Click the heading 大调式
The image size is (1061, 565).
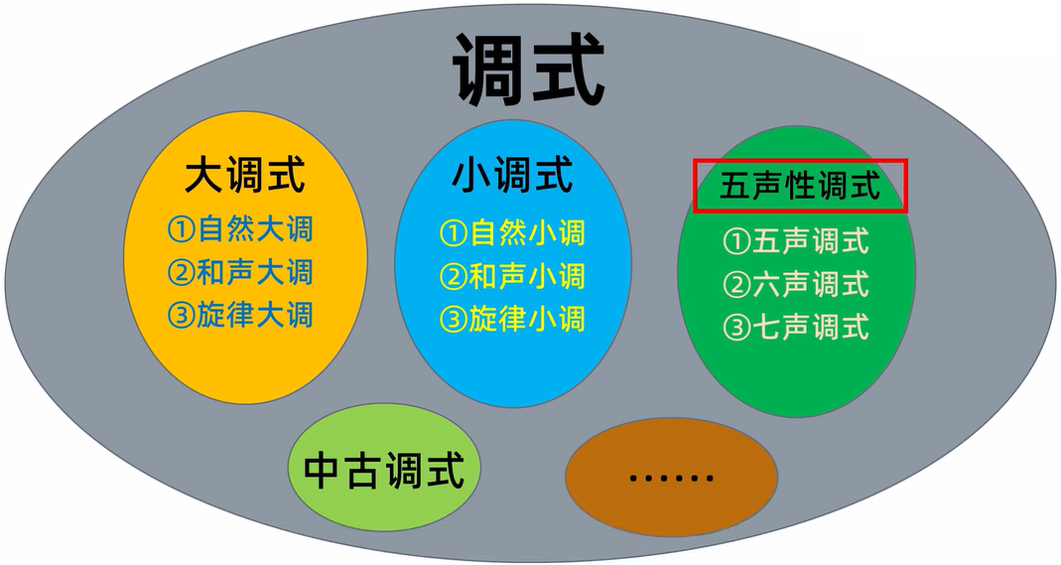tap(244, 178)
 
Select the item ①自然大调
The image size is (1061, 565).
tap(239, 229)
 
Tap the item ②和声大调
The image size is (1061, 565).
tap(239, 272)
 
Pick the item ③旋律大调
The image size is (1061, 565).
tap(239, 316)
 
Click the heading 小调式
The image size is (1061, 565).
tap(513, 177)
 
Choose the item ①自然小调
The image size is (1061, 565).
tap(512, 233)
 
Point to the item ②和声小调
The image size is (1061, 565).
tap(512, 276)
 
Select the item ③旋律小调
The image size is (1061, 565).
tap(512, 319)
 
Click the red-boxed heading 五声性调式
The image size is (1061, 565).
tap(800, 186)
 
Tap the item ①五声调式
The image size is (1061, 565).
tap(796, 240)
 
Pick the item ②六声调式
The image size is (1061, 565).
tap(796, 284)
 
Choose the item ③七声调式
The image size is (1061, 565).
tap(796, 327)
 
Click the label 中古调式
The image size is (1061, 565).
tap(383, 470)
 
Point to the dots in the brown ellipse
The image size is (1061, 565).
tap(671, 478)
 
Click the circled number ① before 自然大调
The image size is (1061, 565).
tap(180, 230)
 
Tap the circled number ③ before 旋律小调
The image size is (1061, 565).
tap(453, 320)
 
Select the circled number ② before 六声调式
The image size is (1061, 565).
tap(736, 285)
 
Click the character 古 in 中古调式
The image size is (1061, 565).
tap(362, 470)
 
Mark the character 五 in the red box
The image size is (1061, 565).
tap(732, 187)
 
